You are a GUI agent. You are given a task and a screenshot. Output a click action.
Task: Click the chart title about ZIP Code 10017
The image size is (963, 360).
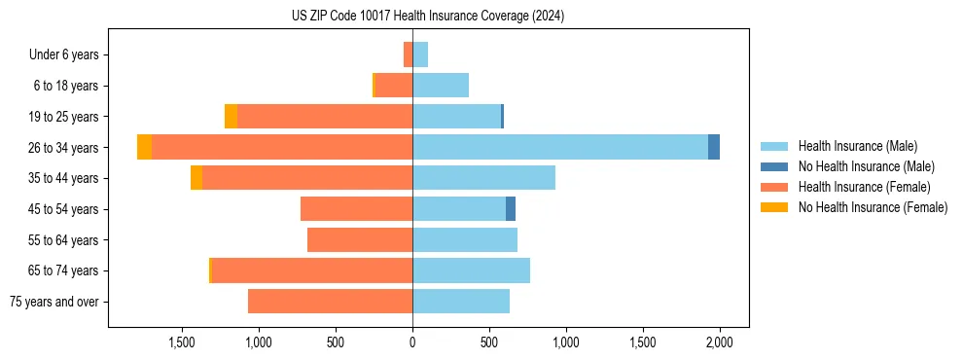(428, 17)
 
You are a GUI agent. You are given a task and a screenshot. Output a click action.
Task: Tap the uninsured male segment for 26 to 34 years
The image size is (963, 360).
(714, 147)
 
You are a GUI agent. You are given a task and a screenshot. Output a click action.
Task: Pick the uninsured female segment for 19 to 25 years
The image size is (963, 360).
(231, 117)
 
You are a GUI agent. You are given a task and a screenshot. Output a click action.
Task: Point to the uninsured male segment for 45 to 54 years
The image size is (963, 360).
(511, 209)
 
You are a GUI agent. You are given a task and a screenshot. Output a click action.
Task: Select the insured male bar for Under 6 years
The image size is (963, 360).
(420, 54)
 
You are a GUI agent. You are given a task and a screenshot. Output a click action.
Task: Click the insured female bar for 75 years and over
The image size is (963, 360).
(331, 302)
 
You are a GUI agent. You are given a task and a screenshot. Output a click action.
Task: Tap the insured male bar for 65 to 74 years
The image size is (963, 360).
(472, 270)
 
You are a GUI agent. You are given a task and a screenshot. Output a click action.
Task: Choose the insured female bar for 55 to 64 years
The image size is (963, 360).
(360, 239)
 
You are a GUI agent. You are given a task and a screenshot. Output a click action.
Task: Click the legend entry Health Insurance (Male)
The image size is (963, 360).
(857, 146)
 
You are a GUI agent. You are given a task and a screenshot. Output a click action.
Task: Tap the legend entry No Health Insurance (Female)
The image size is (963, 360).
(873, 207)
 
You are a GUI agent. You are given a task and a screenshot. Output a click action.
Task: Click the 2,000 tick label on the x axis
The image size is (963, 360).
(719, 342)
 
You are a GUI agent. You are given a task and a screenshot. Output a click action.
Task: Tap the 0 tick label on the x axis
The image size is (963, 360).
(412, 342)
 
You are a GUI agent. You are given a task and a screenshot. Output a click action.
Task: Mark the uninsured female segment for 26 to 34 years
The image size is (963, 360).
(144, 147)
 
